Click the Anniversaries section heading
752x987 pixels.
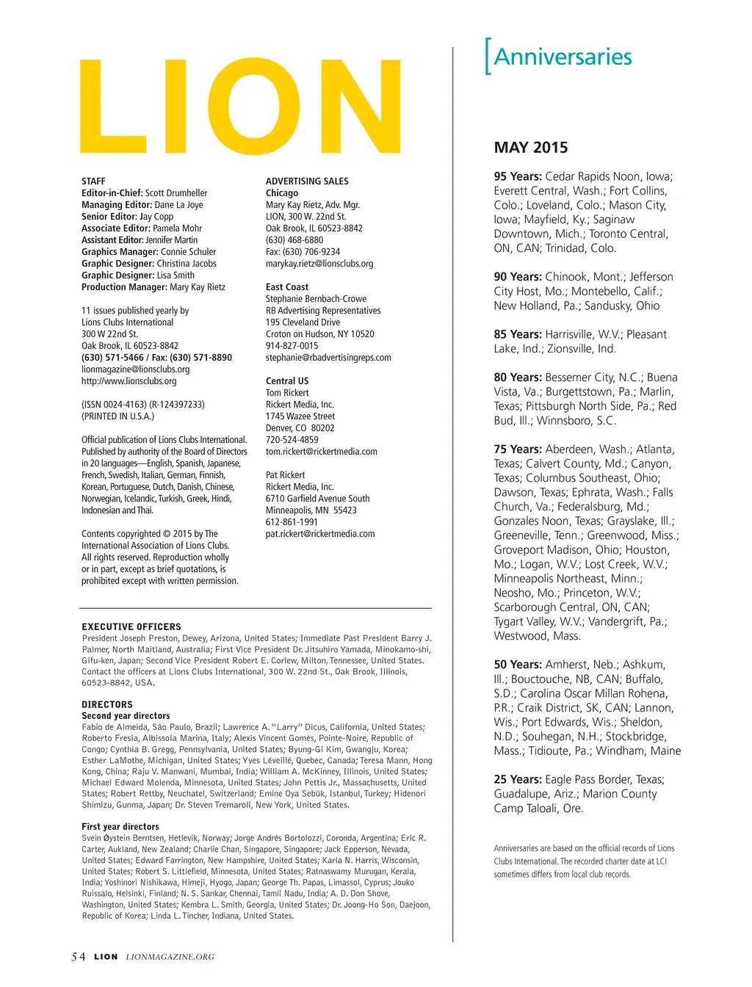point(563,57)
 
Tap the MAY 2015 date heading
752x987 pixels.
point(531,148)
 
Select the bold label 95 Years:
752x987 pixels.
point(518,176)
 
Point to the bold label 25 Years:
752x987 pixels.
point(518,779)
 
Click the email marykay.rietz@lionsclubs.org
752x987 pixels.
point(319,264)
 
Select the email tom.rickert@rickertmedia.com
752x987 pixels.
point(322,452)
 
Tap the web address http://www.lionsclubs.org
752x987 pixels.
point(129,381)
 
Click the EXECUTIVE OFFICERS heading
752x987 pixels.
point(131,627)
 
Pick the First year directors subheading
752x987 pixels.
point(120,827)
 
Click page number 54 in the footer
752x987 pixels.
point(78,957)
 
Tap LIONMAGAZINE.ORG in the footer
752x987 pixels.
point(170,957)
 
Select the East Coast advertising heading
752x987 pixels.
point(287,287)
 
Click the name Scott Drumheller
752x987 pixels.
point(176,193)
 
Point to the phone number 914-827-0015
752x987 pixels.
point(292,346)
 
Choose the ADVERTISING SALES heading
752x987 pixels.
point(307,181)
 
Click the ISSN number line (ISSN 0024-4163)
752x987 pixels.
point(143,405)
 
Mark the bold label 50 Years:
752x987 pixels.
point(518,665)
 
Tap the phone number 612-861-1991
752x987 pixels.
point(292,522)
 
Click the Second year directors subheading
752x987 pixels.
point(126,716)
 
